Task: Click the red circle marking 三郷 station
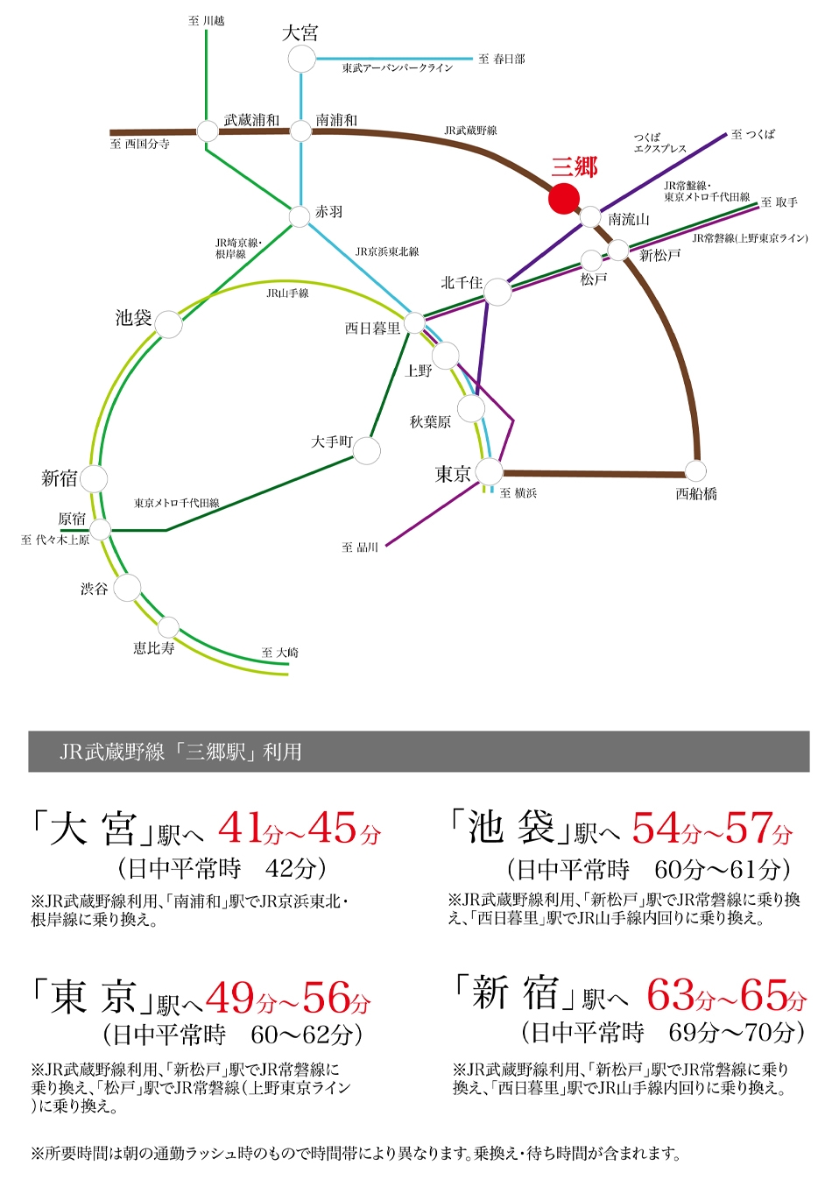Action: click(563, 198)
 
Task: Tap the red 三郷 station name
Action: click(575, 168)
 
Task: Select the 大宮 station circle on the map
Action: click(301, 59)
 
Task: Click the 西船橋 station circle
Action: click(696, 471)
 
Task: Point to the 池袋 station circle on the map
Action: click(169, 324)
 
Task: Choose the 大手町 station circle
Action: click(367, 450)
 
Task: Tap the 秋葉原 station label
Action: click(430, 422)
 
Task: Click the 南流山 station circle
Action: click(590, 217)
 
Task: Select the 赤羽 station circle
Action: click(300, 216)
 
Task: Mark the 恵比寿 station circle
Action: click(168, 627)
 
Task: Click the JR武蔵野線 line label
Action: click(470, 131)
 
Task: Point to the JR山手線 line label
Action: click(287, 293)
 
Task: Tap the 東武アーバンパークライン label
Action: click(398, 68)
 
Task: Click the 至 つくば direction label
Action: click(752, 134)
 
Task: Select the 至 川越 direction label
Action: click(206, 21)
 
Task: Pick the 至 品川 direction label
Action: click(360, 548)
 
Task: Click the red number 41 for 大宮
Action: click(240, 828)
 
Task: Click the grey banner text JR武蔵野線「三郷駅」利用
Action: click(180, 752)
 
